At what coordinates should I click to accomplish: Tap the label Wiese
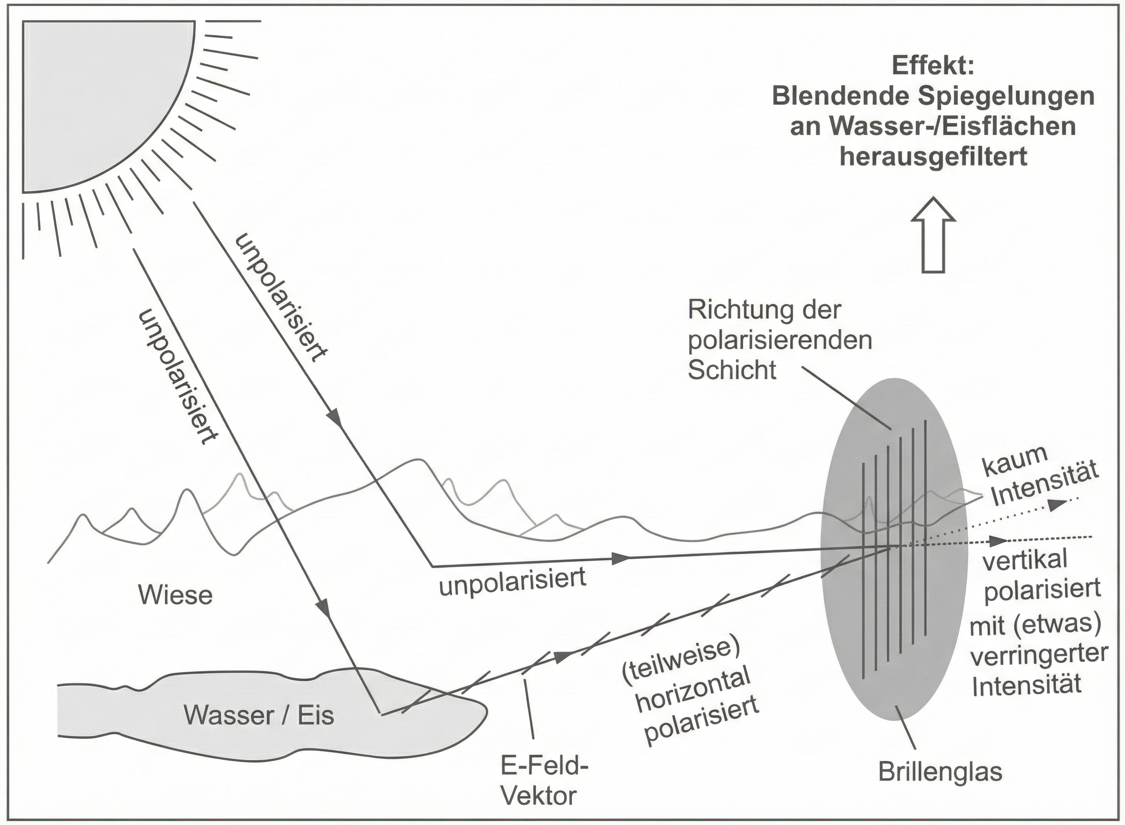175,596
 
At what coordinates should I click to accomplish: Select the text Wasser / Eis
259,716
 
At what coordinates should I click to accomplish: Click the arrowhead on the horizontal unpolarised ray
620,558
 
